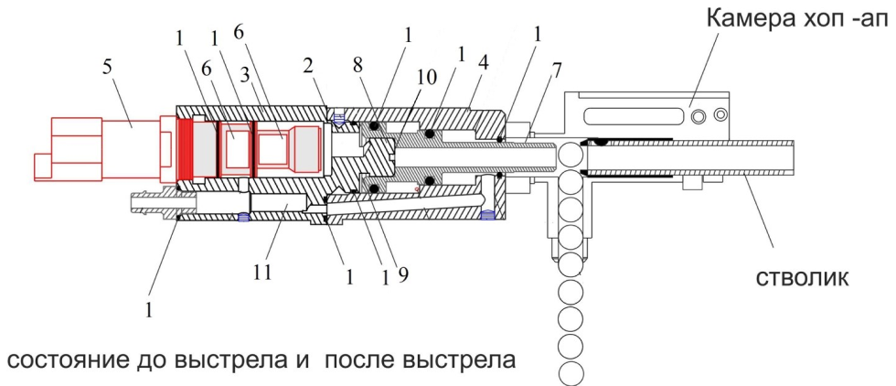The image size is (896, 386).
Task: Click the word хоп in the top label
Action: point(816,20)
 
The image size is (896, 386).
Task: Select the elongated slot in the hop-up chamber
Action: point(639,115)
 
